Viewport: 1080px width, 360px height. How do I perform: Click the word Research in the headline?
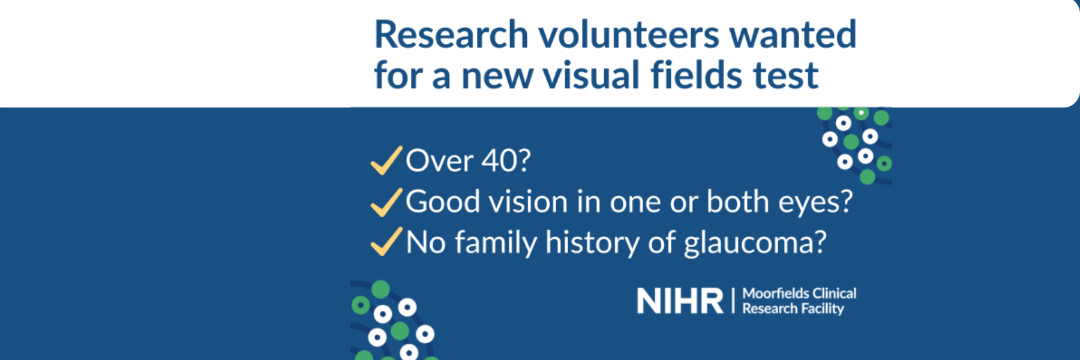[451, 35]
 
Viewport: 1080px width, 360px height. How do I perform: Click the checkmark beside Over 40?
[386, 160]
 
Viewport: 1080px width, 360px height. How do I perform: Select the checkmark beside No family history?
[386, 242]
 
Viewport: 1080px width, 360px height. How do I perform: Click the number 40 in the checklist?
[497, 161]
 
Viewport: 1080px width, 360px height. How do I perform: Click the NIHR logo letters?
[680, 301]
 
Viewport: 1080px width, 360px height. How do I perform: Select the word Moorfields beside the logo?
[776, 293]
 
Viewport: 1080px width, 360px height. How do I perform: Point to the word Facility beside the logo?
[821, 308]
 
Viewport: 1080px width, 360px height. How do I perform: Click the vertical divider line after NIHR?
[733, 301]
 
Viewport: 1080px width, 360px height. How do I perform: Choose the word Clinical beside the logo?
[834, 293]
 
